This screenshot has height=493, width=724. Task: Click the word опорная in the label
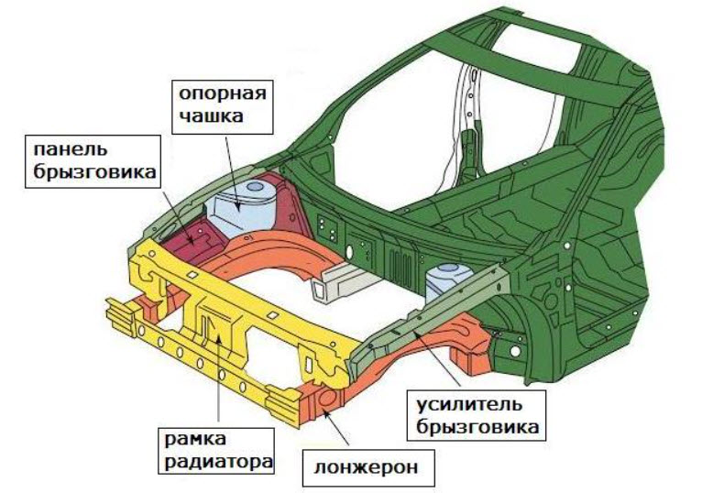pyautogui.click(x=223, y=94)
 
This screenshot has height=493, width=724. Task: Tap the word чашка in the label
pyautogui.click(x=211, y=115)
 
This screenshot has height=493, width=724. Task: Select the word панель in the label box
pyautogui.click(x=71, y=149)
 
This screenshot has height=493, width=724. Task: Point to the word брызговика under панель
pyautogui.click(x=94, y=171)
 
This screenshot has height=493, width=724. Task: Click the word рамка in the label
pyautogui.click(x=196, y=439)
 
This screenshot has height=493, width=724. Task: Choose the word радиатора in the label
pyautogui.click(x=218, y=462)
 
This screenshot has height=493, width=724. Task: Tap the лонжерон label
pyautogui.click(x=367, y=467)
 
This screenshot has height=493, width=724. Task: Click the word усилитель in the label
pyautogui.click(x=469, y=405)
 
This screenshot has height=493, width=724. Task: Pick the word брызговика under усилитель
pyautogui.click(x=477, y=427)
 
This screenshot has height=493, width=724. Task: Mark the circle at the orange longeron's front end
pyautogui.click(x=329, y=399)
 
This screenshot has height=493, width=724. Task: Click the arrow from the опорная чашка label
pyautogui.click(x=233, y=173)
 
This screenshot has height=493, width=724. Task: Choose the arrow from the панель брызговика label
pyautogui.click(x=179, y=214)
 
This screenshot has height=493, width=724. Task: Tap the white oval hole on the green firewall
pyautogui.click(x=349, y=252)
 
